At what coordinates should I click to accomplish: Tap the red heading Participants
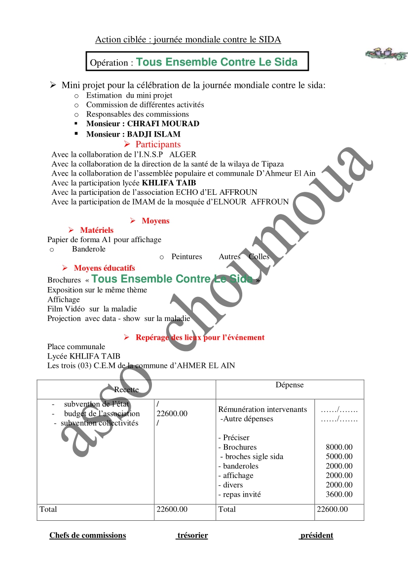[x=158, y=144]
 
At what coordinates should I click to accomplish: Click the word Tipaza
[x=272, y=164]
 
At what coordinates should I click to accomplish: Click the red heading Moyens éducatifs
[x=104, y=268]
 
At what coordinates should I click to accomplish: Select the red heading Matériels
[x=97, y=230]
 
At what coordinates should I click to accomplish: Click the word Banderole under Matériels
[x=89, y=249]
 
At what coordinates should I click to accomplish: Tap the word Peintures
[x=186, y=256]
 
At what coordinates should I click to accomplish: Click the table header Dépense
[x=290, y=385]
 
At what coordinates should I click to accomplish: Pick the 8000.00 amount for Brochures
[x=339, y=447]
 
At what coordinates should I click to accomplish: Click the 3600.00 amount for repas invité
[x=339, y=494]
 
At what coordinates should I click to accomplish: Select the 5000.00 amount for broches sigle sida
[x=339, y=457]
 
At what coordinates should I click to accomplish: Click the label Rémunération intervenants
[x=262, y=409]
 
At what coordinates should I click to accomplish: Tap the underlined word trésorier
[x=192, y=536]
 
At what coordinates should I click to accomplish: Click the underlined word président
[x=316, y=536]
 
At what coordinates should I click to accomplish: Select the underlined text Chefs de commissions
[x=87, y=536]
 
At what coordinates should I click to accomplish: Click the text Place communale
[x=76, y=347]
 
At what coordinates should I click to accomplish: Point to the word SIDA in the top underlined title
[x=270, y=40]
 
